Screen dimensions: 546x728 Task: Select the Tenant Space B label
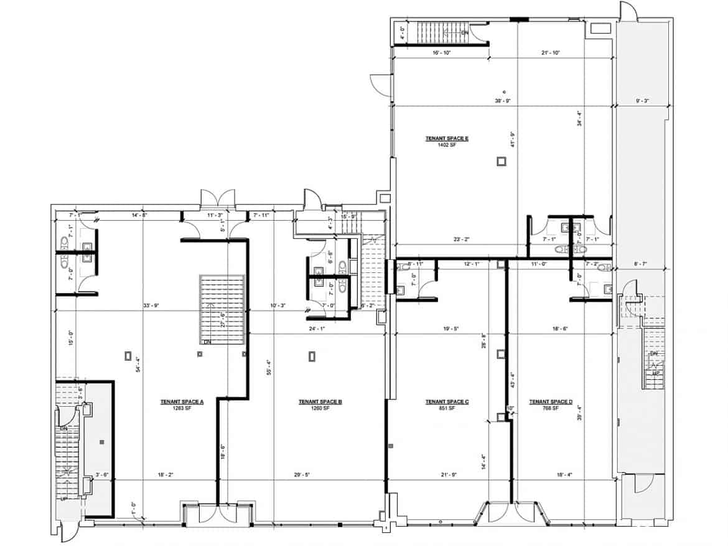pyautogui.click(x=320, y=402)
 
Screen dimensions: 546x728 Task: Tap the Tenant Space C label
pyautogui.click(x=447, y=402)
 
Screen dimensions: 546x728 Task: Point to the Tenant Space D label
pyautogui.click(x=551, y=402)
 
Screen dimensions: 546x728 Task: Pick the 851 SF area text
pyautogui.click(x=447, y=409)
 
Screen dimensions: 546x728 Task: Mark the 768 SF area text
pyautogui.click(x=551, y=409)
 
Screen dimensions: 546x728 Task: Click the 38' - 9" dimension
pyautogui.click(x=503, y=101)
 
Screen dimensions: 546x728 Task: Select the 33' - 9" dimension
pyautogui.click(x=152, y=305)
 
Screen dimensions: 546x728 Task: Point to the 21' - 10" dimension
pyautogui.click(x=551, y=53)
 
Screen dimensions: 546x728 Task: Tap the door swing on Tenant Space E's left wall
pyautogui.click(x=380, y=81)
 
